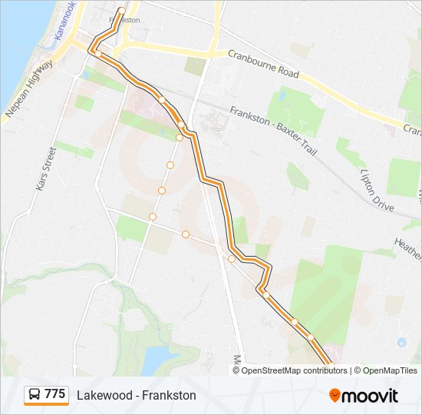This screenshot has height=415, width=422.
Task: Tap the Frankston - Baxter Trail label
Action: (x=272, y=131)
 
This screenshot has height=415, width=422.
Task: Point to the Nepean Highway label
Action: (x=29, y=89)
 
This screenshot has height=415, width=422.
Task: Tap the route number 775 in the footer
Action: (x=54, y=394)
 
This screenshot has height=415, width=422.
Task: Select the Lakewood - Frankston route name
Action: (x=137, y=395)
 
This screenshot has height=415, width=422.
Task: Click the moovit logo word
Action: (x=370, y=396)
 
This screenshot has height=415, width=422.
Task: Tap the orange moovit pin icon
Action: (x=335, y=396)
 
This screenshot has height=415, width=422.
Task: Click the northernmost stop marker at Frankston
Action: (x=121, y=11)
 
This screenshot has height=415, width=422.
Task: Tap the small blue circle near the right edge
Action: (x=401, y=342)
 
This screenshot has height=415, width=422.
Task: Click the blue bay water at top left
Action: (x=19, y=46)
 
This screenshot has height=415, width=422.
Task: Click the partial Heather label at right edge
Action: (x=407, y=247)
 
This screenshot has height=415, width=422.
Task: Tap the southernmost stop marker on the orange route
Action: (x=311, y=337)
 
